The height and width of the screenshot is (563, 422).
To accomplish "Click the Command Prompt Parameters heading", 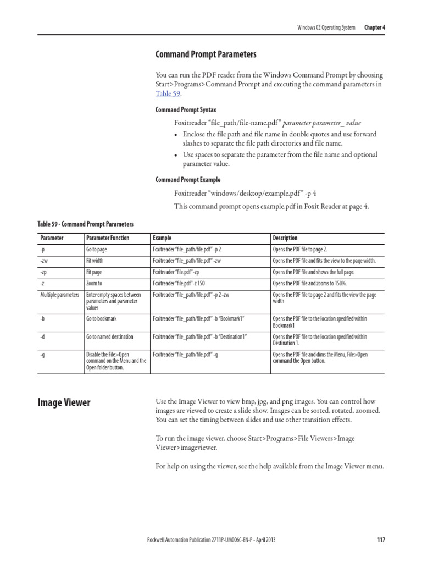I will coord(206,54).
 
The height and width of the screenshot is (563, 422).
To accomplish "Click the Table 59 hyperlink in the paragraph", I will coord(168,94).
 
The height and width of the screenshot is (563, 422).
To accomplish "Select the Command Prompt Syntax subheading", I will coord(186,110).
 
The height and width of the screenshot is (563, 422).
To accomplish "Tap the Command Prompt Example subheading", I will coord(188,180).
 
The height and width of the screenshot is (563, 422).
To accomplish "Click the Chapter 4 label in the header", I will coord(374,27).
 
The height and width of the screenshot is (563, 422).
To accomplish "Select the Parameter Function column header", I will coord(108,238).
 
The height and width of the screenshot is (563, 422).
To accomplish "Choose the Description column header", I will coord(285,238).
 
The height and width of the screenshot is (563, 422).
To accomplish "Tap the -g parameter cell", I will coord(43,355).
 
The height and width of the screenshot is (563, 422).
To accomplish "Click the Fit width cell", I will coord(95,261).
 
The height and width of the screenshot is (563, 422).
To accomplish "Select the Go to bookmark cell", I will coord(101,318).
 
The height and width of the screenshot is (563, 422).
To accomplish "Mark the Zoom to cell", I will coord(94,284).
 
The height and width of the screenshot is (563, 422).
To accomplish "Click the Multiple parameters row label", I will coord(60,295).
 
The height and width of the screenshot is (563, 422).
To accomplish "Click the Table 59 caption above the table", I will coord(85,224).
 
